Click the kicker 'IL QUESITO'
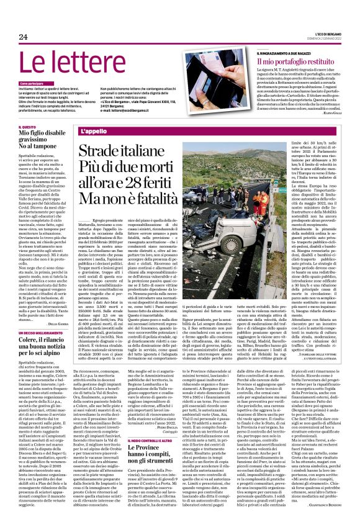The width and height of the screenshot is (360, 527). [27, 127]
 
